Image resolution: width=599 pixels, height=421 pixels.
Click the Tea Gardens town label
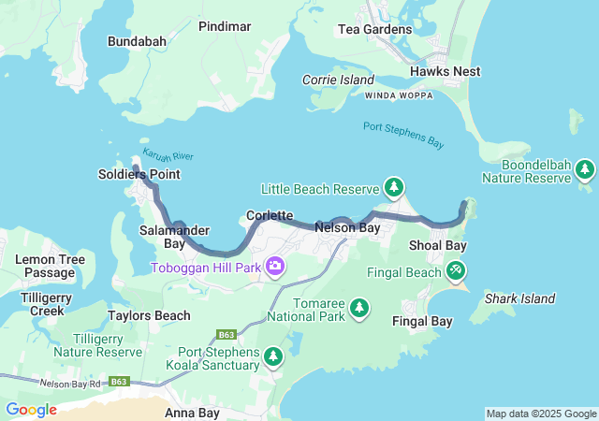[x=373, y=29]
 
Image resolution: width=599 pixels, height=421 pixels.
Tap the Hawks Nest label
[x=445, y=71]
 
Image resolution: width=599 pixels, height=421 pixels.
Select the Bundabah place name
[x=137, y=41]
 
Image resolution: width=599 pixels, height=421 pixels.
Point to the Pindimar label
[x=225, y=26]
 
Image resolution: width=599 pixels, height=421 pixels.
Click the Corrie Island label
[x=338, y=80]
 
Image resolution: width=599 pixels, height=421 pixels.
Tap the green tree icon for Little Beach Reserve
[x=394, y=188]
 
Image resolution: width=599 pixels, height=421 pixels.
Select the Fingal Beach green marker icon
[x=455, y=271]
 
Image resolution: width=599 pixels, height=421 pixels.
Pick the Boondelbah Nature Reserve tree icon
[x=585, y=169]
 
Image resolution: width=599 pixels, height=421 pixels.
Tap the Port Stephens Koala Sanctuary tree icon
[x=273, y=356]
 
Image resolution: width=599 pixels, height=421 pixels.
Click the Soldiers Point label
[x=139, y=174]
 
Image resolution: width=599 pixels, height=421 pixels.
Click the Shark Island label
[x=519, y=299]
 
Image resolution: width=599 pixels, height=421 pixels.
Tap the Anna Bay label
[x=192, y=412]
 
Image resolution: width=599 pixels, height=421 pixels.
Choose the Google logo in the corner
[x=31, y=409]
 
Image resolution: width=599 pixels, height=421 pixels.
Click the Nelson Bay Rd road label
[x=70, y=383]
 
